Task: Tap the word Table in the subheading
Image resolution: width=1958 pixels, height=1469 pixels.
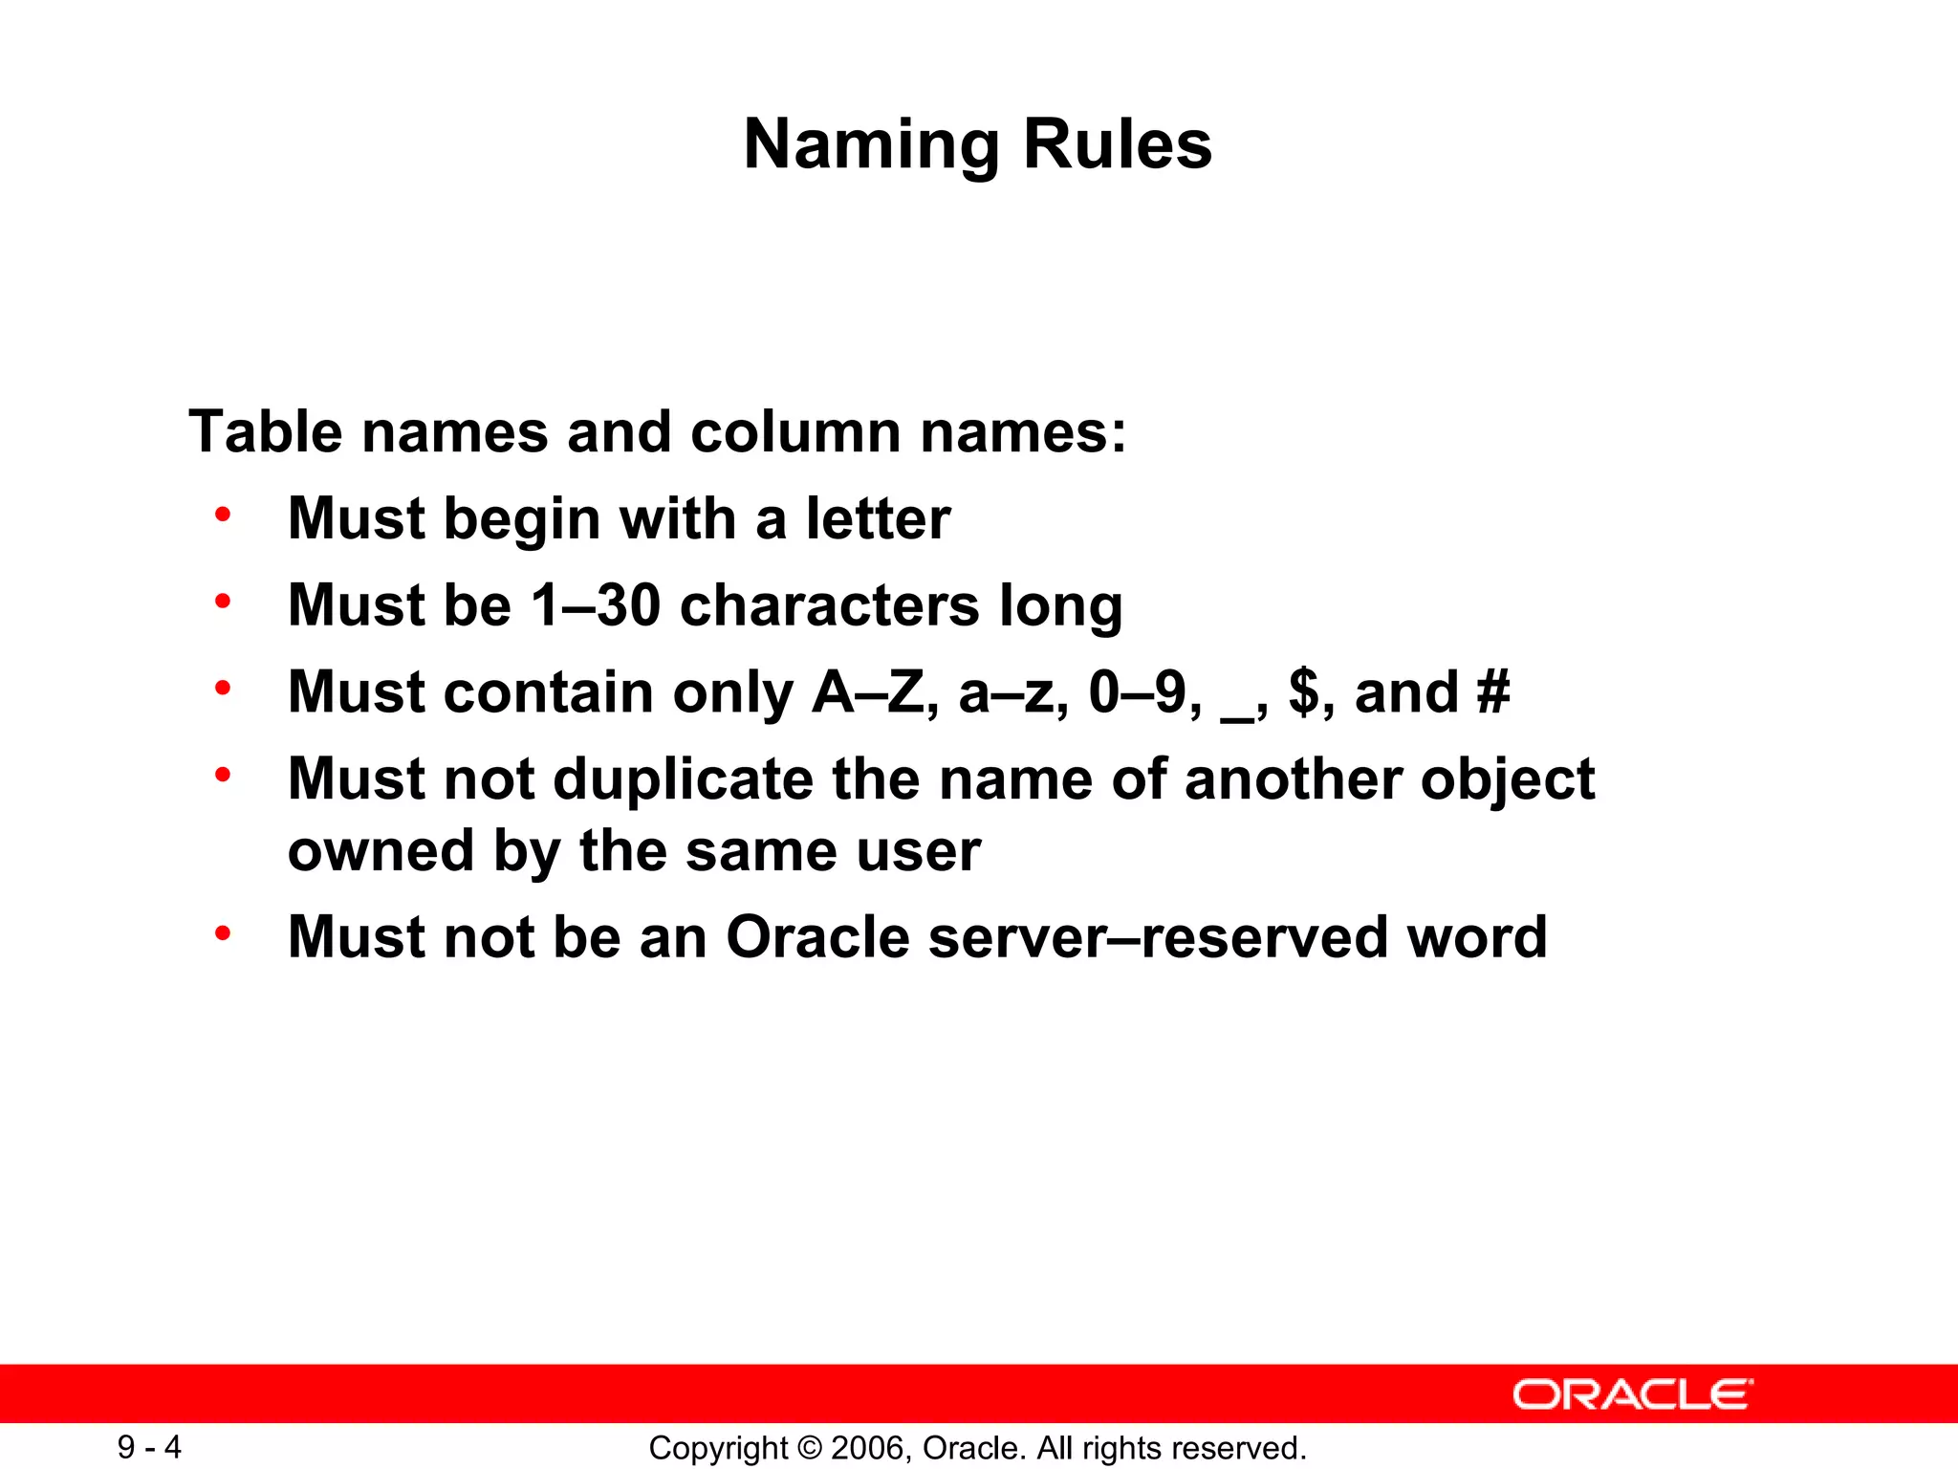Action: tap(265, 431)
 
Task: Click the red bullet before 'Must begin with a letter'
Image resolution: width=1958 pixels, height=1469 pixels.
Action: tap(223, 515)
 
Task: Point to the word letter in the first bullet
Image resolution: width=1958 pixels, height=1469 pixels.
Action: tap(878, 518)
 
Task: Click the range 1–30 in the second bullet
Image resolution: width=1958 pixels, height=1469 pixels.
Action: tap(595, 605)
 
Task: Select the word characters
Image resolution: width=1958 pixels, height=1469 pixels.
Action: tap(830, 605)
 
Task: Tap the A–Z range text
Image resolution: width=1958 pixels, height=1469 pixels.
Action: tap(868, 691)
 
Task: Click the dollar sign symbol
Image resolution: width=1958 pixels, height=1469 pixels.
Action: tap(1303, 691)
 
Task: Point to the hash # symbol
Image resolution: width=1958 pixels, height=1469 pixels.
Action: tap(1492, 691)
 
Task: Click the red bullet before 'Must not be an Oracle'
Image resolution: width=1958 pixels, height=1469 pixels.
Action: tap(223, 932)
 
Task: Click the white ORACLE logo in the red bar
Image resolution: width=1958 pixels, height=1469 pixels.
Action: tap(1632, 1394)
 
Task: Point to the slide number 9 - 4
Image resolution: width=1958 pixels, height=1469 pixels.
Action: tap(149, 1447)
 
